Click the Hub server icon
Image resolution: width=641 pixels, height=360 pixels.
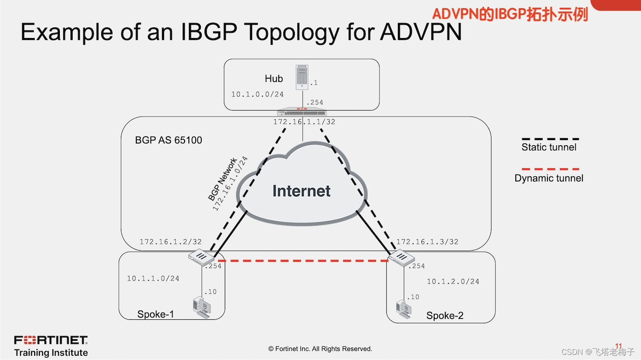302,77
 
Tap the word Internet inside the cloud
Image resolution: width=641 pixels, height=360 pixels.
301,191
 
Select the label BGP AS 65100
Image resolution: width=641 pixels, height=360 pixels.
168,140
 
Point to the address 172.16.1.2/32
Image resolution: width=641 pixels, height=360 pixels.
171,242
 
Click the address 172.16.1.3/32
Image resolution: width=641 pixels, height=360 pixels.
427,242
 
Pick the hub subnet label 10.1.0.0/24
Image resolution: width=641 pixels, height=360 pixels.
257,94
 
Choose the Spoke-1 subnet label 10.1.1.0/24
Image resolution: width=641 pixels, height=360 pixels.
153,278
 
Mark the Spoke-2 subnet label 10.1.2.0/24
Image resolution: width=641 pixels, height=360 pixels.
453,281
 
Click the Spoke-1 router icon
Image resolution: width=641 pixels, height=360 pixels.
201,258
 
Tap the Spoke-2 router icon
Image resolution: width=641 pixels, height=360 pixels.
402,258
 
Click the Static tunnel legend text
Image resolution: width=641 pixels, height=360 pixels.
549,147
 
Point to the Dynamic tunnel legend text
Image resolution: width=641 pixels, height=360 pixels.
549,178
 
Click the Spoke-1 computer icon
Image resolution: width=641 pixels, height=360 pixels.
202,307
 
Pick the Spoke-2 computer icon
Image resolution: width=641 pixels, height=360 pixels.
404,310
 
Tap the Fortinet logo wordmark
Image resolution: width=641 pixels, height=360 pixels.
51,340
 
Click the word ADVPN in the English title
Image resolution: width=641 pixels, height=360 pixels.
421,32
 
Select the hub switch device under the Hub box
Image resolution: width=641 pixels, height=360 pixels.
302,112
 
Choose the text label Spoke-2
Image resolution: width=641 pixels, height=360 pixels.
445,316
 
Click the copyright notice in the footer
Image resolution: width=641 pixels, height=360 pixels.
320,349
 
